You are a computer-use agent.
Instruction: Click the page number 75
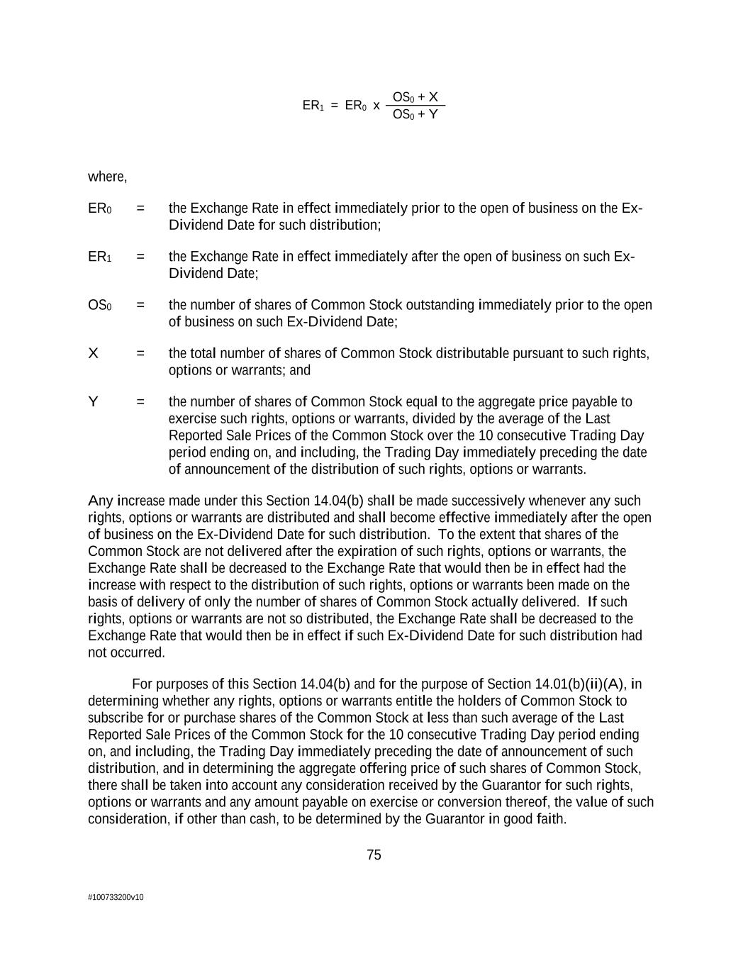click(374, 855)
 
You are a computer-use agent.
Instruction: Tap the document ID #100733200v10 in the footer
click(116, 897)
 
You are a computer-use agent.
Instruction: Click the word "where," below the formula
click(108, 177)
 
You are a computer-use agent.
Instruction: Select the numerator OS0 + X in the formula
click(415, 97)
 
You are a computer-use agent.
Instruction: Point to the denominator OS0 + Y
click(415, 114)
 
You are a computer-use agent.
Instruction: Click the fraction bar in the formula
click(415, 106)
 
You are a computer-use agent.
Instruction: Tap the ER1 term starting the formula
click(313, 106)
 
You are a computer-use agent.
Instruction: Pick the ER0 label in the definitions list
click(99, 208)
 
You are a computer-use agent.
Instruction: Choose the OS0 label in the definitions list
click(99, 305)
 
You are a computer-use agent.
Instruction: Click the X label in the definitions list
click(93, 353)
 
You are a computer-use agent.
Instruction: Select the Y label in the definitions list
click(93, 402)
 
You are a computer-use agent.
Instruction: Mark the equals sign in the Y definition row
click(140, 402)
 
